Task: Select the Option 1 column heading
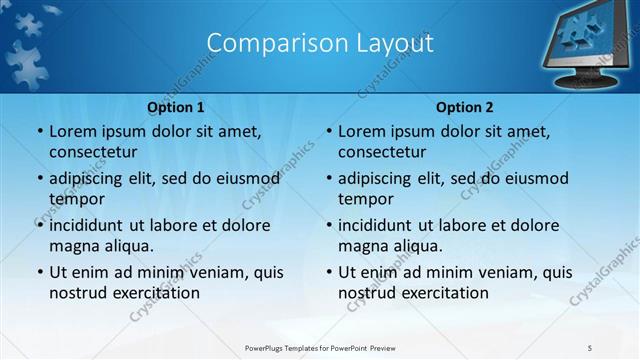[176, 107]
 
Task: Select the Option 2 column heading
[464, 107]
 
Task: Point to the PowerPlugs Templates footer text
[319, 347]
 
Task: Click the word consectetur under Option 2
[381, 152]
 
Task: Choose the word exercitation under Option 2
[445, 293]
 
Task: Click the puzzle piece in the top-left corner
[30, 55]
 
